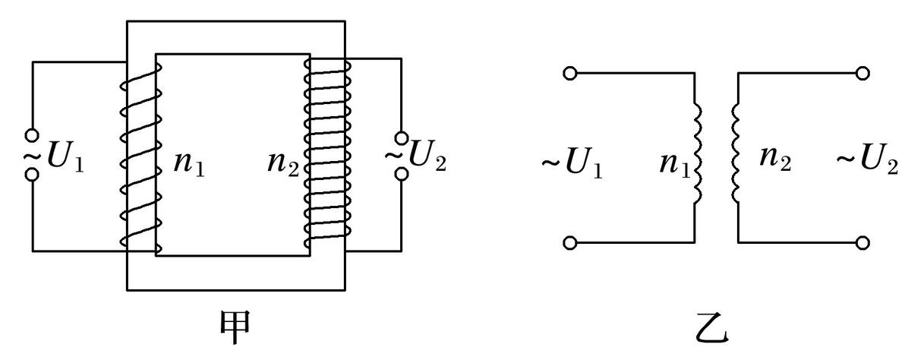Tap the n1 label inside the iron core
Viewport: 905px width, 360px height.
click(189, 164)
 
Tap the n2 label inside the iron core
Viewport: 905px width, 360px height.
click(282, 164)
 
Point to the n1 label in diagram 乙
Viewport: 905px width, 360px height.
click(675, 164)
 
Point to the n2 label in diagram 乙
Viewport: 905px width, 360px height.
click(775, 158)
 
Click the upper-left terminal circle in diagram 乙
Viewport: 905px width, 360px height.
click(569, 73)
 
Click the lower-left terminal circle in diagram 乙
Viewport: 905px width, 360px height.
click(569, 243)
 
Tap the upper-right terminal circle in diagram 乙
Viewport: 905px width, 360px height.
click(863, 73)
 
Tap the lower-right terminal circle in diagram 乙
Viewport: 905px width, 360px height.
click(863, 243)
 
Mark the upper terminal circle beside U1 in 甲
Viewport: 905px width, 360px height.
click(33, 136)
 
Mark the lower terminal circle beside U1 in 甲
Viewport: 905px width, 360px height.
click(33, 173)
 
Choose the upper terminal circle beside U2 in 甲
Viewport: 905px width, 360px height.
click(401, 138)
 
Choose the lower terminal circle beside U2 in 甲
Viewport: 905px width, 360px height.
click(401, 172)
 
